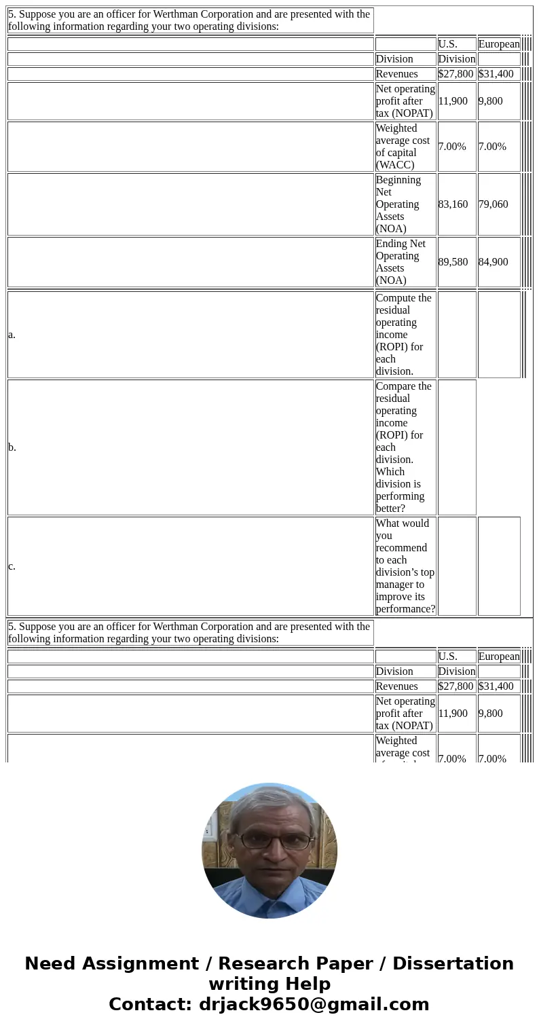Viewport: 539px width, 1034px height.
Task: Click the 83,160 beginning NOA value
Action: click(x=453, y=204)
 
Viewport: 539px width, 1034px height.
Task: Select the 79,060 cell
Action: click(x=493, y=204)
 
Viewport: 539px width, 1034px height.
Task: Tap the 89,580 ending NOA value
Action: click(x=453, y=262)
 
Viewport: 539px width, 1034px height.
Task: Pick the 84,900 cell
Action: click(x=493, y=262)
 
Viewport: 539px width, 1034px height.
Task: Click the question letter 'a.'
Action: click(x=12, y=335)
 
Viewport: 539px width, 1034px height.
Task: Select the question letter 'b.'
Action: click(x=12, y=447)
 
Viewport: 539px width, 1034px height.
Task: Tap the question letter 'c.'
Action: click(x=12, y=566)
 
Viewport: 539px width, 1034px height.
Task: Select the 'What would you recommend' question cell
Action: click(x=405, y=566)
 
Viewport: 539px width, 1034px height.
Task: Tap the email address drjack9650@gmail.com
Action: click(x=314, y=1005)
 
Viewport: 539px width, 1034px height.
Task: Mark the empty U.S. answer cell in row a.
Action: click(x=457, y=335)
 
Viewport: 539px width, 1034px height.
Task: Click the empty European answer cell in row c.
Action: click(x=499, y=566)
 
